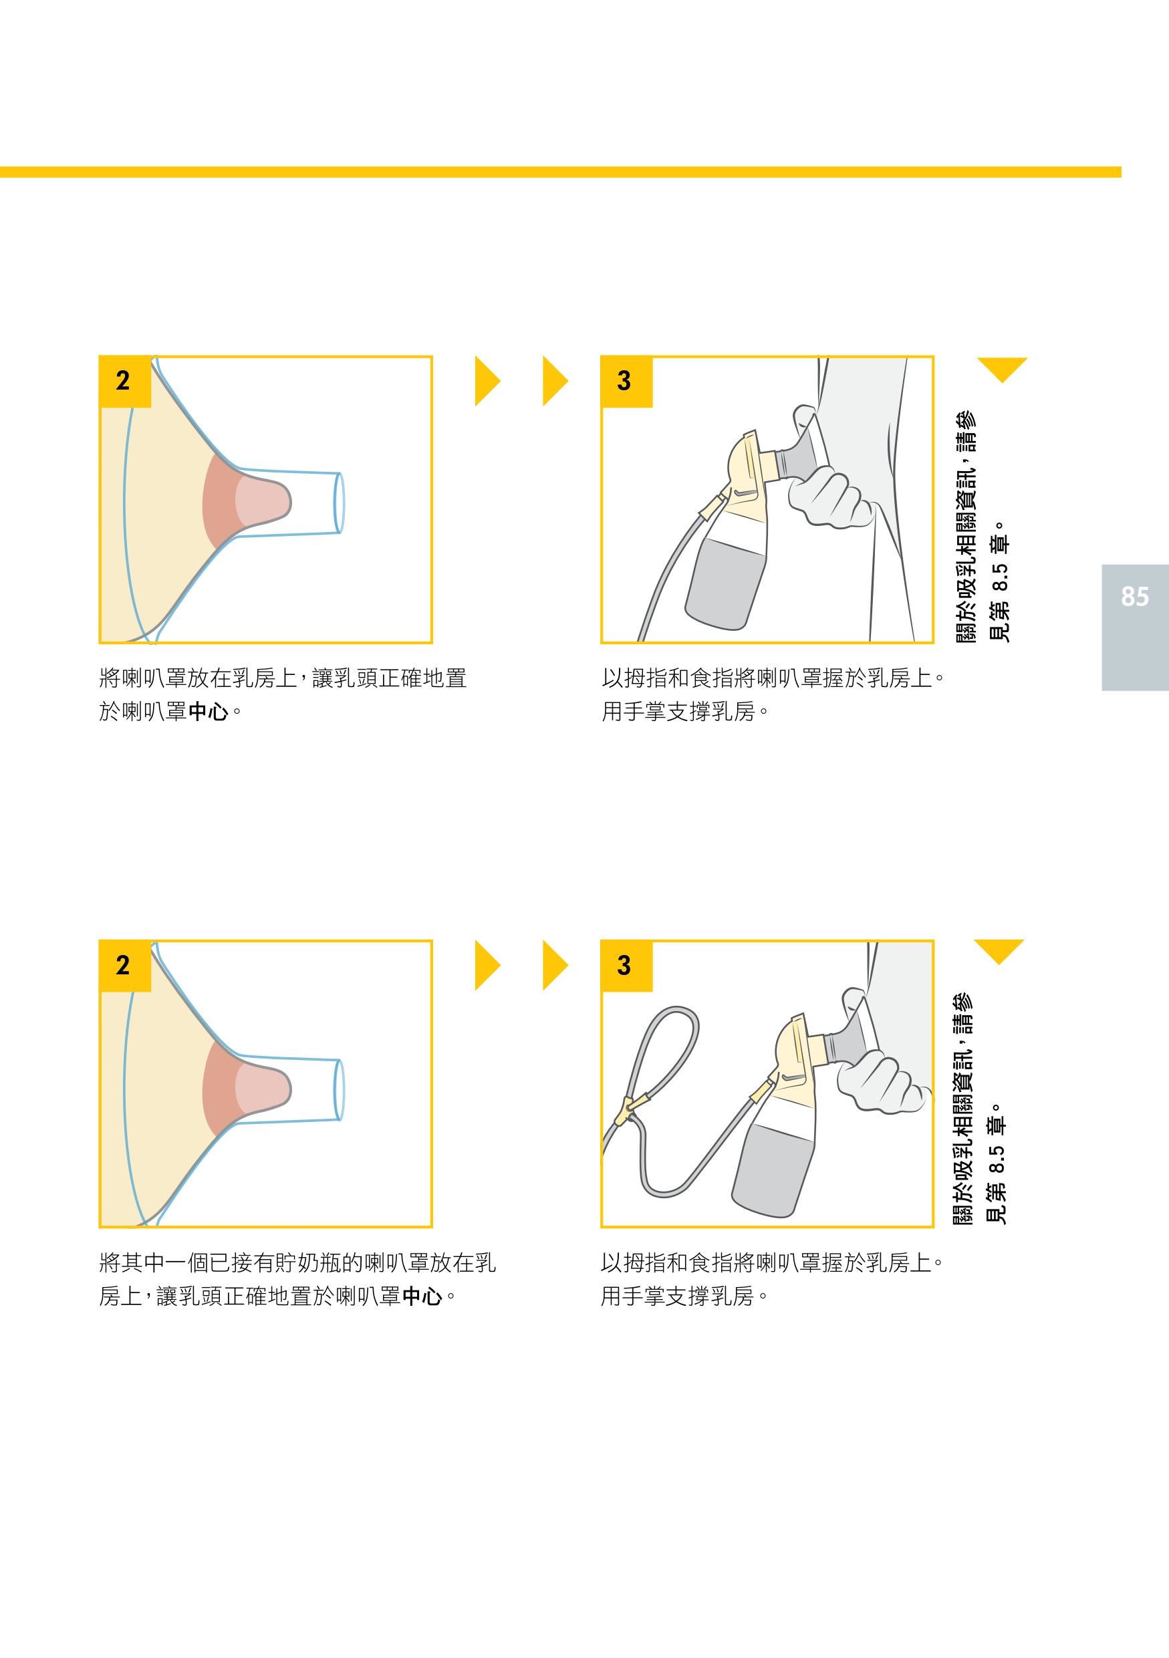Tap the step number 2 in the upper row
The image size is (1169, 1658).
pyautogui.click(x=123, y=380)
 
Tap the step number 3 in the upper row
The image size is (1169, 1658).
pyautogui.click(x=624, y=380)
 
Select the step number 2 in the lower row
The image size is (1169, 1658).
pyautogui.click(x=123, y=966)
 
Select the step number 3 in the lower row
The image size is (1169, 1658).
pyautogui.click(x=624, y=966)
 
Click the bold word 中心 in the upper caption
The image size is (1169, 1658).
pyautogui.click(x=209, y=712)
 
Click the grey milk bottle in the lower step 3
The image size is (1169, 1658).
pyautogui.click(x=773, y=1167)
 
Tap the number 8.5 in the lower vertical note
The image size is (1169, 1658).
pyautogui.click(x=997, y=1159)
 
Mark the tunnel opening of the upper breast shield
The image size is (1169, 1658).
pyautogui.click(x=339, y=503)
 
